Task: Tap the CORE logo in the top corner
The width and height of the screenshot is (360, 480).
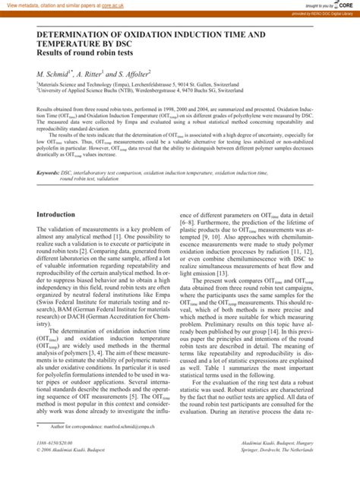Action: (346, 5)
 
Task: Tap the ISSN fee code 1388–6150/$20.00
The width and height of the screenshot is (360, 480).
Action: (55, 463)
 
